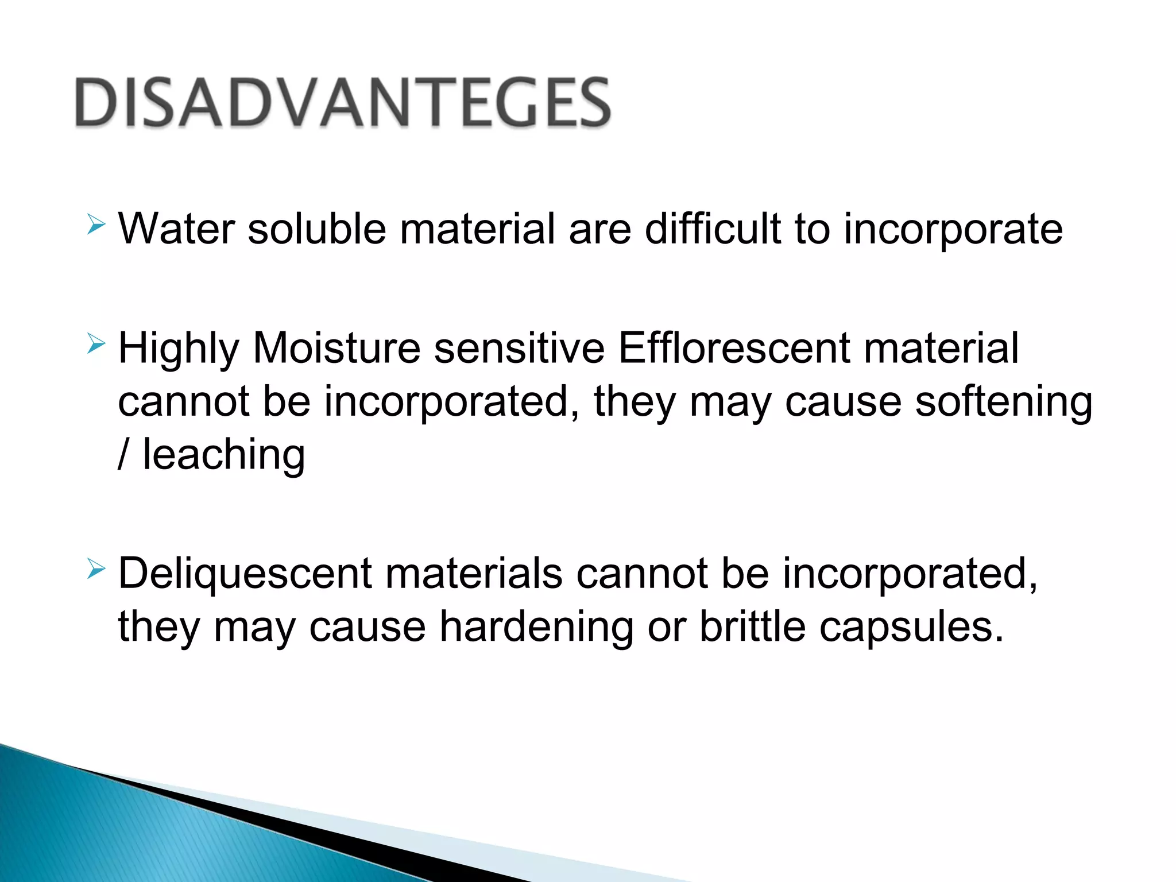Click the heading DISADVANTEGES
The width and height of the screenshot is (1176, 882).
click(x=343, y=103)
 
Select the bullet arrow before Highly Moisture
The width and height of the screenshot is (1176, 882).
click(x=96, y=344)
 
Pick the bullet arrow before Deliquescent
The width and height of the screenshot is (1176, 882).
click(x=96, y=569)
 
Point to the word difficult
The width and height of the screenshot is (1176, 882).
click(x=713, y=229)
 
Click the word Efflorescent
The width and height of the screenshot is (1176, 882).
click(x=733, y=349)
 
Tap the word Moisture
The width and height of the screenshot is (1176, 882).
click(x=336, y=349)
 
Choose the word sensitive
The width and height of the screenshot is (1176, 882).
click(x=519, y=349)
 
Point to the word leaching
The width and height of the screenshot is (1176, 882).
click(x=223, y=455)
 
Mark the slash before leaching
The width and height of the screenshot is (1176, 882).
click(x=122, y=455)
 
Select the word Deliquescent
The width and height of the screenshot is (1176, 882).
click(x=245, y=574)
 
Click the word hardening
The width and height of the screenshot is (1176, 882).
click(x=536, y=626)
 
